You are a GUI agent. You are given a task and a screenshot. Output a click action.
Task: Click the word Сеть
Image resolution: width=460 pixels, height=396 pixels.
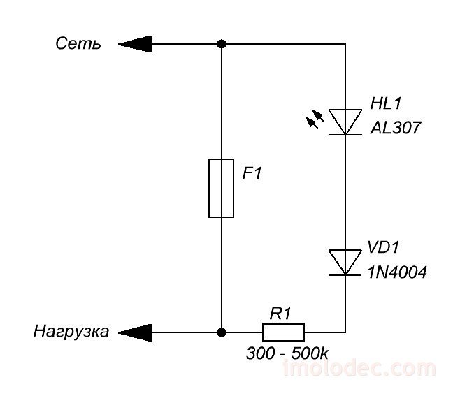[78, 45]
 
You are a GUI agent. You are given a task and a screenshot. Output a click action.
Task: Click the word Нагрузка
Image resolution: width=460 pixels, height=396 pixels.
[71, 332]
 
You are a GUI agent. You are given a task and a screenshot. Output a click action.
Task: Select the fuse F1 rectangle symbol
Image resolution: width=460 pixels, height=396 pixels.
[221, 188]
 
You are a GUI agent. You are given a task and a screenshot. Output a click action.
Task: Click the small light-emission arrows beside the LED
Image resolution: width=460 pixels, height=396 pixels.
[315, 121]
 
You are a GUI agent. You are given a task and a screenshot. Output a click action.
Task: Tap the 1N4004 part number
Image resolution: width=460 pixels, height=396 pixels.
[396, 272]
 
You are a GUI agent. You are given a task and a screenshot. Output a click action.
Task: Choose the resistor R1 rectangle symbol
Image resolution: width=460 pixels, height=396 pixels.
[283, 331]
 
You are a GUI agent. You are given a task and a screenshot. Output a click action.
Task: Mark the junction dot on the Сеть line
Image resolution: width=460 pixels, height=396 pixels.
[222, 45]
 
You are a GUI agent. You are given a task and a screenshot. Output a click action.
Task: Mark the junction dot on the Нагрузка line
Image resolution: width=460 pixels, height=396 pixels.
[222, 331]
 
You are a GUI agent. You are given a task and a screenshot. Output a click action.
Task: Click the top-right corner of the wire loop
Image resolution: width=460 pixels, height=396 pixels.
[345, 45]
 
